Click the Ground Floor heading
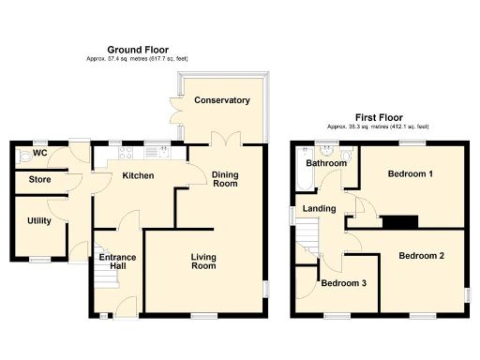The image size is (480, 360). point(139,49)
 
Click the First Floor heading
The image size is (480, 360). point(378,118)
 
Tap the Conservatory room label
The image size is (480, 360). point(222,100)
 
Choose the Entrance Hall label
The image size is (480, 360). point(119,262)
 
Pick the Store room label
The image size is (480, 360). point(39,179)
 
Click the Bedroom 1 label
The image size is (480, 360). point(411,174)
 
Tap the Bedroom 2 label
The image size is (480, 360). point(421,255)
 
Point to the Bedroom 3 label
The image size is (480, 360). point(342,283)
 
